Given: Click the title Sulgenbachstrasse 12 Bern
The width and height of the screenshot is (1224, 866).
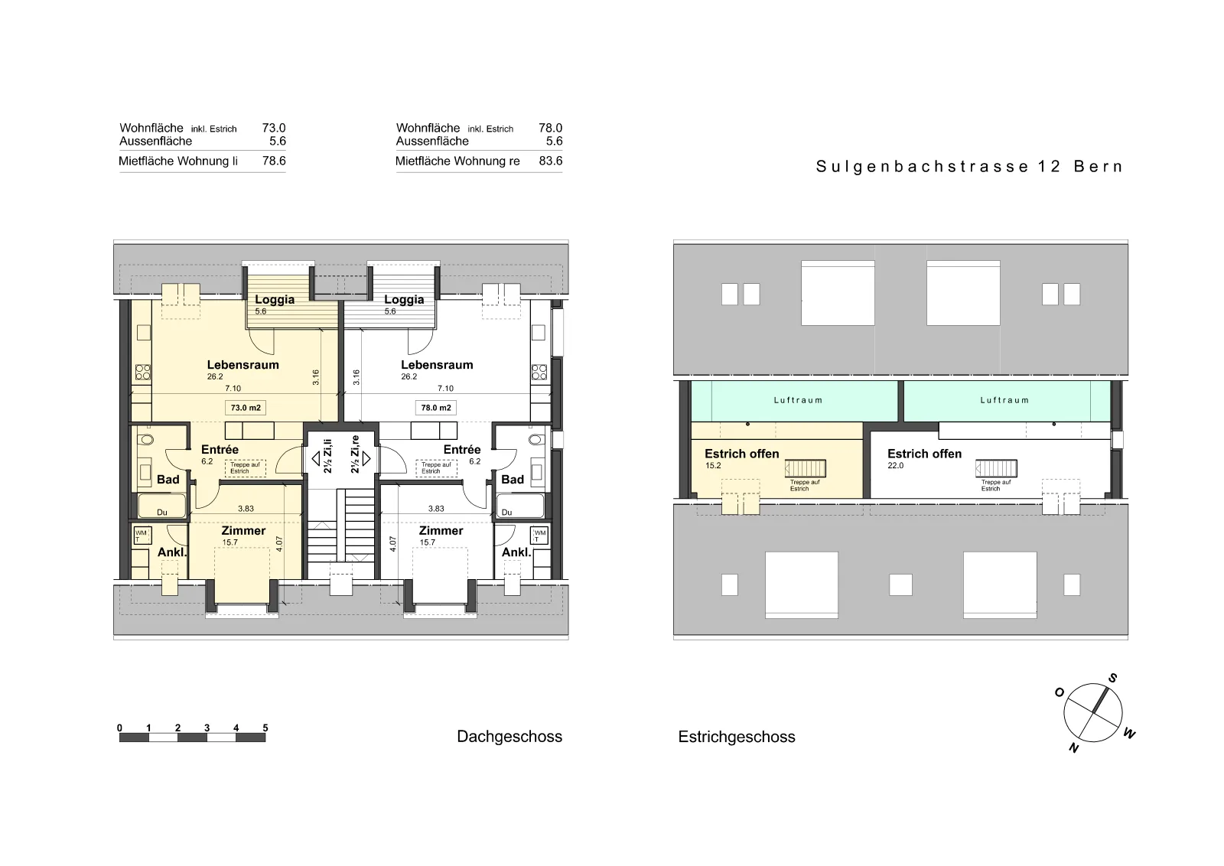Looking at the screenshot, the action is pos(969,167).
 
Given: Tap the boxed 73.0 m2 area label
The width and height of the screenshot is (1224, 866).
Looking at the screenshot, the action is pos(246,408).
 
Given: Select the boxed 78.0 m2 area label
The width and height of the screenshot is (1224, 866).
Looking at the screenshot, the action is pos(435,408).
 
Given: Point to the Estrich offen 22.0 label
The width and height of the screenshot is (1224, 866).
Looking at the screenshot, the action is pos(924,458).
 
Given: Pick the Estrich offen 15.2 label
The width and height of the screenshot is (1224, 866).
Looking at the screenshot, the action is pos(741,458).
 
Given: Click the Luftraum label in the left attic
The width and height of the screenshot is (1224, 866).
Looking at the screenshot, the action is pos(798,400).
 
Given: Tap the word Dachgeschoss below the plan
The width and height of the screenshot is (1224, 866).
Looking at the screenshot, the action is pos(509,737).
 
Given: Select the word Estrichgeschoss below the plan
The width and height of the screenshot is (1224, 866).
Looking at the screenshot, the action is pos(737,737).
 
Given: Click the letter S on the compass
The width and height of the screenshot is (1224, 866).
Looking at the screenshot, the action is pos(1112,678).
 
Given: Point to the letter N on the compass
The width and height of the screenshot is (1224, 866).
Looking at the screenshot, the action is pos(1074,748).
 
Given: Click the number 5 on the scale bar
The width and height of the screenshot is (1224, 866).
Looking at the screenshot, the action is pos(265,728).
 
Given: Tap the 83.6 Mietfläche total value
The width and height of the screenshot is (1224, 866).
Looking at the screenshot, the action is pos(550,161).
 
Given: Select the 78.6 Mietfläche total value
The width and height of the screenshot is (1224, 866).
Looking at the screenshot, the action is pos(274,161).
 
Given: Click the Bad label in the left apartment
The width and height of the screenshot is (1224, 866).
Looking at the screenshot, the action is pos(168,479).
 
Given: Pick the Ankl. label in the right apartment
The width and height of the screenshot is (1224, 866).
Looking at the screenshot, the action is pos(516,552).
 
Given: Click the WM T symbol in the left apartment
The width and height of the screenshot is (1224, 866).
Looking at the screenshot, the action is pos(142,536).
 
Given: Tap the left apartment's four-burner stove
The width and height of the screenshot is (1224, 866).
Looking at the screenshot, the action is pos(142,372).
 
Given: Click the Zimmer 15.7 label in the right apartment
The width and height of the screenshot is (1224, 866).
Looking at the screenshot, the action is pos(441,536).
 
